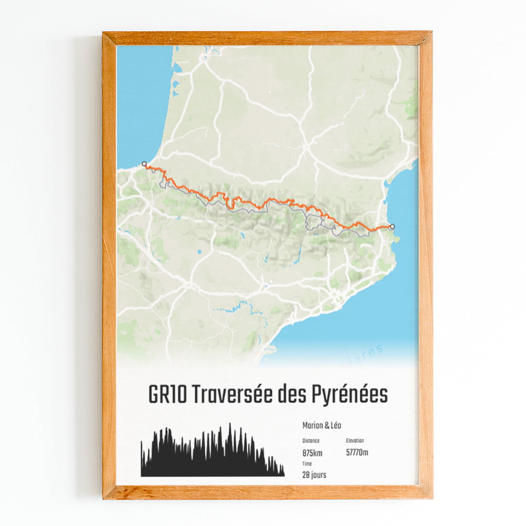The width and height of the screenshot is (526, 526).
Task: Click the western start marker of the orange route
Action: (x=144, y=164)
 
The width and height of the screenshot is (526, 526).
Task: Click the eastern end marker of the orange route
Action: (x=392, y=227)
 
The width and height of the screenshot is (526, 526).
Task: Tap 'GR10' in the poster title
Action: (x=166, y=395)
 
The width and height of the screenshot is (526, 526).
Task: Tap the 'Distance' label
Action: (x=311, y=441)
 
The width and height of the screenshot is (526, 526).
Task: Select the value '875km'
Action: (x=312, y=452)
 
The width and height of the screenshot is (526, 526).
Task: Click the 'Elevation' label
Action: (x=355, y=441)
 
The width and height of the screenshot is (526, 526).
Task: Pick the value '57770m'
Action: (x=357, y=452)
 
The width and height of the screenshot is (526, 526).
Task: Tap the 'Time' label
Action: (x=307, y=464)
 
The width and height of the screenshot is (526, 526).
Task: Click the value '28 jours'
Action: (x=314, y=475)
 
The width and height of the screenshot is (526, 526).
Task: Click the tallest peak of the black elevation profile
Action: (x=229, y=424)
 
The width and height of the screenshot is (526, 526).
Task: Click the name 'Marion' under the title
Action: (x=313, y=426)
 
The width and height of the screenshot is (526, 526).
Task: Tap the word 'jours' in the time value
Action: (x=318, y=475)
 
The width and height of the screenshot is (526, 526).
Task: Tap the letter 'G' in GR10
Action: (x=154, y=395)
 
